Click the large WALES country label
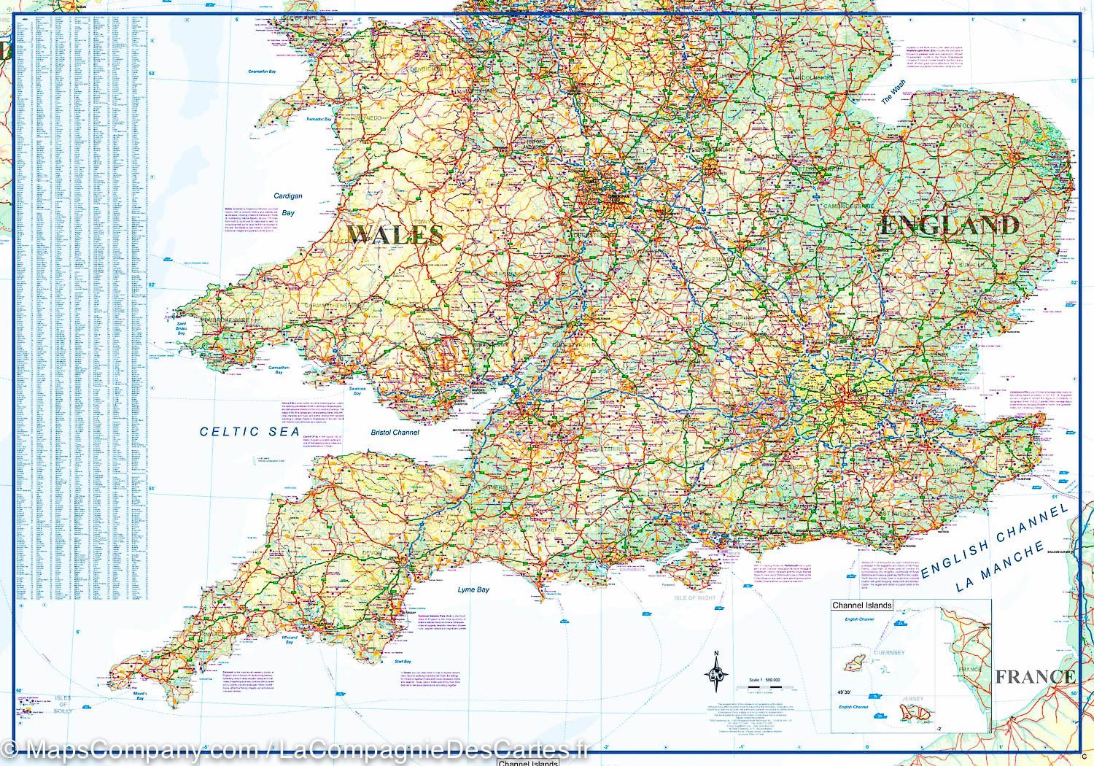click(395, 234)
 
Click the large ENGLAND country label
click(949, 225)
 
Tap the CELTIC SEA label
click(249, 431)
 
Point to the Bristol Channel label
click(395, 433)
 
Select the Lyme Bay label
click(473, 589)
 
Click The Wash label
click(892, 93)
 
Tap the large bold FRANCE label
click(1035, 676)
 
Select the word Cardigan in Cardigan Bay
click(287, 196)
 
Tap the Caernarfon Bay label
click(262, 72)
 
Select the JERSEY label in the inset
click(912, 699)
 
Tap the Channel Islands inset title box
click(862, 606)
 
